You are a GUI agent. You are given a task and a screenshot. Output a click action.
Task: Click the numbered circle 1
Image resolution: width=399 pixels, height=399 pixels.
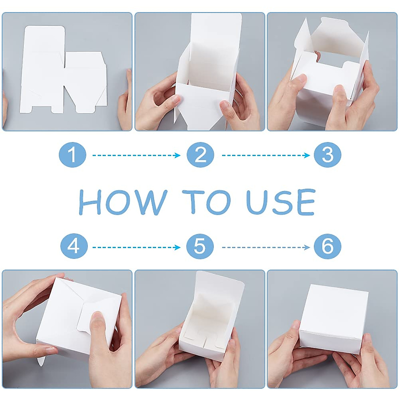pyautogui.click(x=72, y=155)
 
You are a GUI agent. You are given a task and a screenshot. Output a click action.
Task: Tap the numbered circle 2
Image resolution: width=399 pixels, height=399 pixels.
pyautogui.click(x=200, y=155)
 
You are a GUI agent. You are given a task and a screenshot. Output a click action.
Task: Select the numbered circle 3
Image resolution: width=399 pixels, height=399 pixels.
pyautogui.click(x=328, y=155)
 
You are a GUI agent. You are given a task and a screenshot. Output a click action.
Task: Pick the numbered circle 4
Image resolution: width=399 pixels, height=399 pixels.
pyautogui.click(x=74, y=247)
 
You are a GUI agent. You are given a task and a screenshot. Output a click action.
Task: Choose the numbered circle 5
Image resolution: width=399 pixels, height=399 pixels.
pyautogui.click(x=200, y=247)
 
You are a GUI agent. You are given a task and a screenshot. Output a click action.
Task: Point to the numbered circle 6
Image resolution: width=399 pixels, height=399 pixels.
pyautogui.click(x=328, y=247)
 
